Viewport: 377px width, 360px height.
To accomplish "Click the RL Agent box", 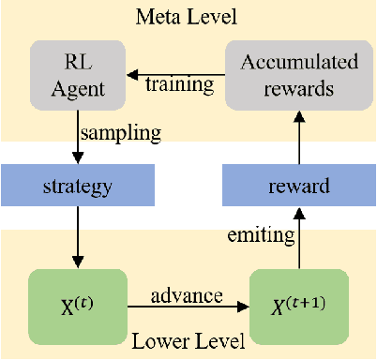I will pyautogui.click(x=77, y=74).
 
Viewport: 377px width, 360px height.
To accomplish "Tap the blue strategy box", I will pyautogui.click(x=77, y=187).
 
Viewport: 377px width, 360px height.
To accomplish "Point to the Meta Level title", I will pyautogui.click(x=187, y=17).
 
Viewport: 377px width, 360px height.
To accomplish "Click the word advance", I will pyautogui.click(x=187, y=295).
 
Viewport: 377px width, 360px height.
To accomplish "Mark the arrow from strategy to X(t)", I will pyautogui.click(x=77, y=240).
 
